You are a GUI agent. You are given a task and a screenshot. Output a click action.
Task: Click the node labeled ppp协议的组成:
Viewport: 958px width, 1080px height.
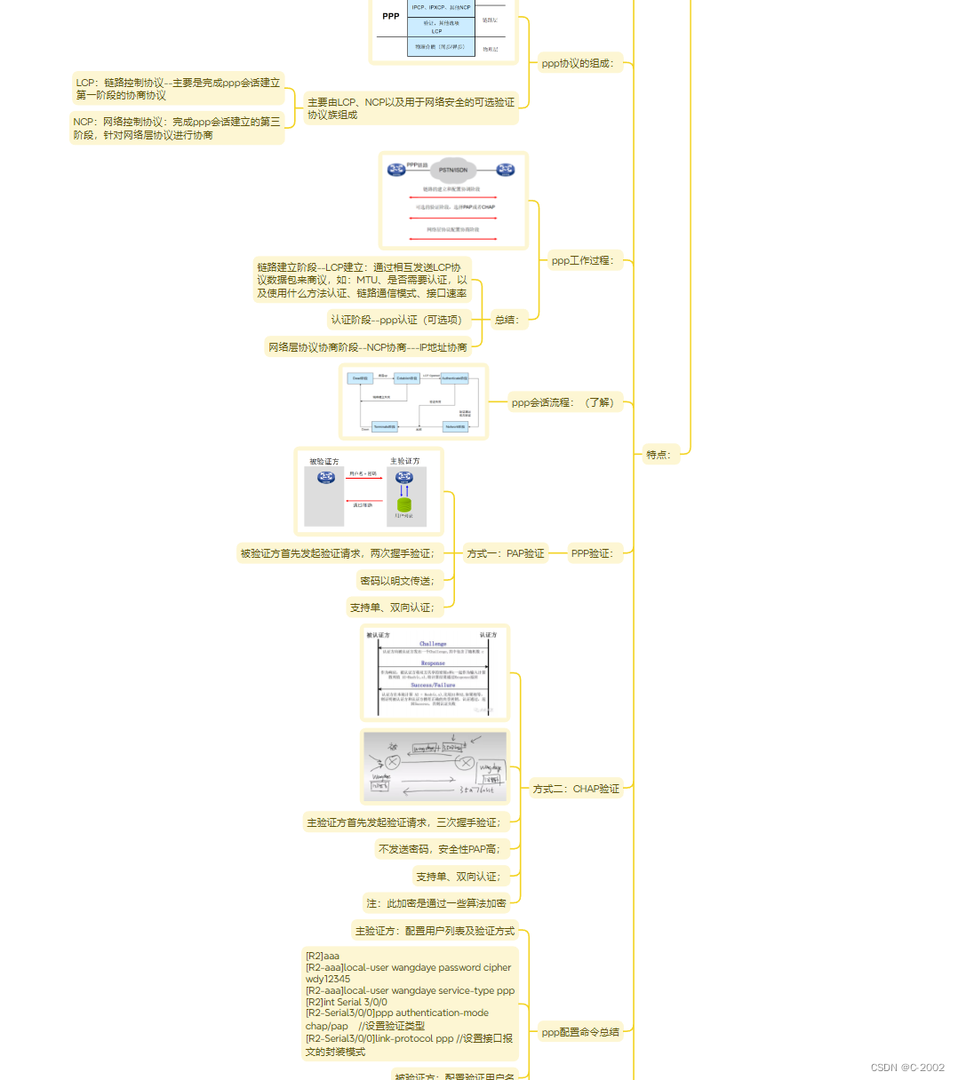pyautogui.click(x=578, y=63)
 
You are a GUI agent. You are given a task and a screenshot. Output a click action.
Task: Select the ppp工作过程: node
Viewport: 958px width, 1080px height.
pyautogui.click(x=582, y=260)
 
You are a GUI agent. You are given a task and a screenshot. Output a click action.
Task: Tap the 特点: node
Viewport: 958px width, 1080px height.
pyautogui.click(x=659, y=455)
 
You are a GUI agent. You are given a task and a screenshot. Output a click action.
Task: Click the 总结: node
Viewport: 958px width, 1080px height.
pyautogui.click(x=507, y=320)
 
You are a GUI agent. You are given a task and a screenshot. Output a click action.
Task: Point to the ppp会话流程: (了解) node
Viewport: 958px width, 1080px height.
pyautogui.click(x=563, y=402)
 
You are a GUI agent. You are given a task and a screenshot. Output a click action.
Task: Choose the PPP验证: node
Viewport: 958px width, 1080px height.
pyautogui.click(x=592, y=553)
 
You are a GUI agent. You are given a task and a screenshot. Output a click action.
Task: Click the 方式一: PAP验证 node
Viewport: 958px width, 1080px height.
pyautogui.click(x=505, y=553)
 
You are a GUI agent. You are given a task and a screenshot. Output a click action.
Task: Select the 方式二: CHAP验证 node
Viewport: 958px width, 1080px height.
pyautogui.click(x=576, y=789)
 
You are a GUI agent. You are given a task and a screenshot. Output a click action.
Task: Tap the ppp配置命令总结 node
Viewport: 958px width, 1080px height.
pyautogui.click(x=580, y=1032)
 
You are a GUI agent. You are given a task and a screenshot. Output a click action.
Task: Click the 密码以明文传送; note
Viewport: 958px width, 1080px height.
pyautogui.click(x=397, y=581)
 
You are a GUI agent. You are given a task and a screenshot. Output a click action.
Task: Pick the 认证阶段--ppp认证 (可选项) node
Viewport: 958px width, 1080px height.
pyautogui.click(x=398, y=320)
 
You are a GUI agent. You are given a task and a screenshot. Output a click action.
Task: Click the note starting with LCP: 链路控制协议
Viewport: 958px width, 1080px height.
pyautogui.click(x=178, y=89)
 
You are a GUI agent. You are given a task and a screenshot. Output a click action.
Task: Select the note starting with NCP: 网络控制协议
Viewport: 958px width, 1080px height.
pyautogui.click(x=177, y=128)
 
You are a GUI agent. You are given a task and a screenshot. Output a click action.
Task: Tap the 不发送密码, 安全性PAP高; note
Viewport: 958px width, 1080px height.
pyautogui.click(x=439, y=849)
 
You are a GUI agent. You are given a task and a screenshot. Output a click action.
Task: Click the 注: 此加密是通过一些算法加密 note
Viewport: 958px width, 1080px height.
pyautogui.click(x=436, y=903)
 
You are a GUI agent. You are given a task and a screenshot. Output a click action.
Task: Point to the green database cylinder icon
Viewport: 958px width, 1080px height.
pyautogui.click(x=404, y=504)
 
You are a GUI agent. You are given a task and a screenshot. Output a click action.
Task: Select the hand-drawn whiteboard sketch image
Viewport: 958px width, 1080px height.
pyautogui.click(x=435, y=766)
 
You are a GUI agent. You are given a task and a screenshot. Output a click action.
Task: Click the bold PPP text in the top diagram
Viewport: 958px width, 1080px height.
pyautogui.click(x=391, y=16)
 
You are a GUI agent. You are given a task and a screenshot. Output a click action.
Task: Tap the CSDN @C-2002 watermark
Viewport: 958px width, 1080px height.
pyautogui.click(x=907, y=1068)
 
